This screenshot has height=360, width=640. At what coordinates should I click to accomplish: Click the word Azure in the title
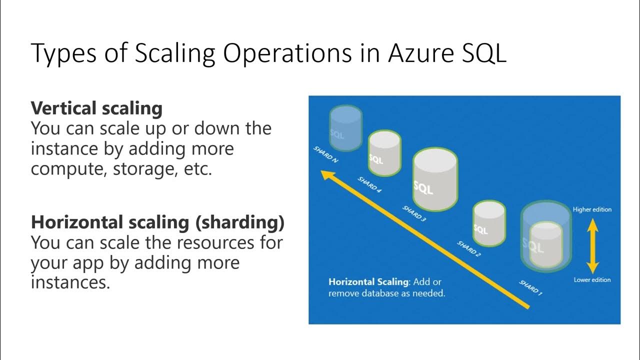tap(415, 53)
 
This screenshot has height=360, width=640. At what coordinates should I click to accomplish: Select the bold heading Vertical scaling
tap(96, 108)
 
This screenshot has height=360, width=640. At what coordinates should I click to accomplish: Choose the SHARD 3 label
tap(414, 213)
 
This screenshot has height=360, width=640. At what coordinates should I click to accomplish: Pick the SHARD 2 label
tap(469, 248)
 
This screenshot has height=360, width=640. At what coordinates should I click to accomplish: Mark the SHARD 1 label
tap(530, 287)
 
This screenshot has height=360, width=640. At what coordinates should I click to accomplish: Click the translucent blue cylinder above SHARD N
tap(345, 128)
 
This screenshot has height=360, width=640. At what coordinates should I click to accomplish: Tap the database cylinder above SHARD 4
tap(384, 153)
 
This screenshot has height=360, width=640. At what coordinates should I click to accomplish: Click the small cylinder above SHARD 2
tap(489, 223)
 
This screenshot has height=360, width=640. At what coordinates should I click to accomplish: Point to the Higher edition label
tap(592, 209)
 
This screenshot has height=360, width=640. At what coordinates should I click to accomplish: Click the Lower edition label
tap(592, 280)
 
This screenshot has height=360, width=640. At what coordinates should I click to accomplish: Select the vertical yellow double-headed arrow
tap(592, 245)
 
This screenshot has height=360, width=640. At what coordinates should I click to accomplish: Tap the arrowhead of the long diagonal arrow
tap(327, 175)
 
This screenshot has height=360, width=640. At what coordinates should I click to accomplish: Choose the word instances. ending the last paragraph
tap(70, 283)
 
